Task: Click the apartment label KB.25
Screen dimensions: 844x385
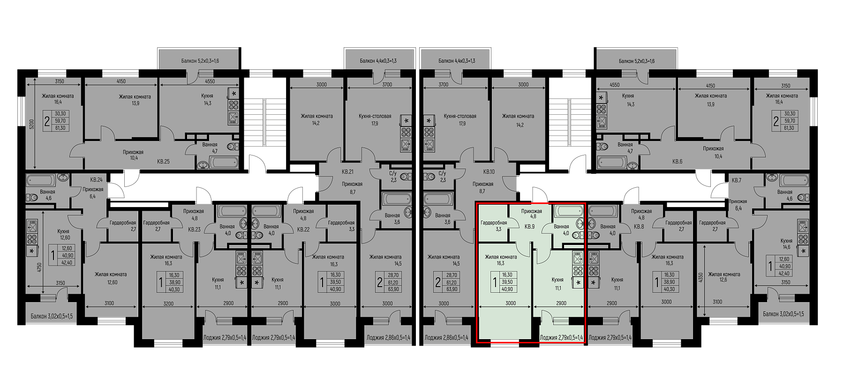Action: (163, 162)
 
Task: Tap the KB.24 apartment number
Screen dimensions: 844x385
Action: (96, 179)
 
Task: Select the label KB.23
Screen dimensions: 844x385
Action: (194, 230)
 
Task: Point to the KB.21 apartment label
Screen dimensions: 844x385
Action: (347, 171)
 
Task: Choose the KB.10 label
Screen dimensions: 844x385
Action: (489, 171)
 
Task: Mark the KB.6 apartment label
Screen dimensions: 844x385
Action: (677, 162)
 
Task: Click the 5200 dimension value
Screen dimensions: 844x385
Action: (31, 124)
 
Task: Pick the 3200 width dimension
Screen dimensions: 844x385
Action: (168, 304)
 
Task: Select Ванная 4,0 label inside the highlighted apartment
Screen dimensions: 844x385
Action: (561, 230)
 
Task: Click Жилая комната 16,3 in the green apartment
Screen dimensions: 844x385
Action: (501, 260)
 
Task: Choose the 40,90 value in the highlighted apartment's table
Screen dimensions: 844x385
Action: (507, 289)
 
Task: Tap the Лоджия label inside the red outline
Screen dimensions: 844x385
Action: (561, 337)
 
